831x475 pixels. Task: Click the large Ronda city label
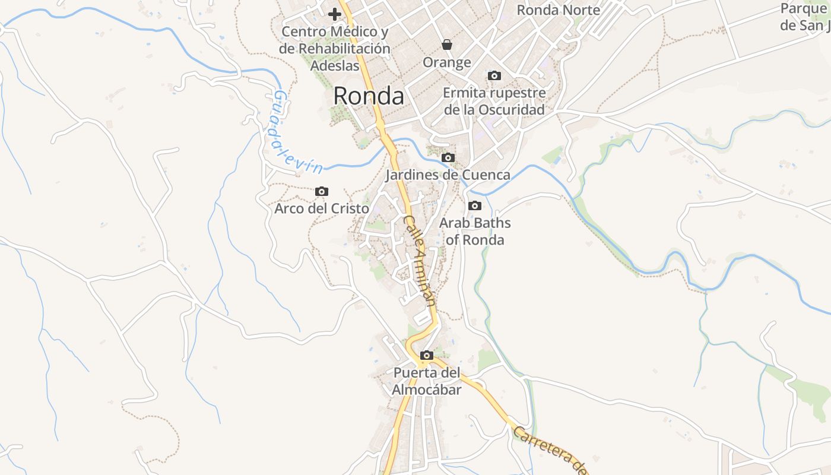(x=369, y=96)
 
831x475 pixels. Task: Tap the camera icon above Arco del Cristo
(x=322, y=191)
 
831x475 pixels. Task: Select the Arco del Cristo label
(x=322, y=209)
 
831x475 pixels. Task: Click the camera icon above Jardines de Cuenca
(x=448, y=157)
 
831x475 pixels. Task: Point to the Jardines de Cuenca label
(x=448, y=175)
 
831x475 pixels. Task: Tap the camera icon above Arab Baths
(x=475, y=205)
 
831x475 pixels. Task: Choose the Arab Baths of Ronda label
(x=475, y=232)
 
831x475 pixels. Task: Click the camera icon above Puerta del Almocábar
(x=426, y=355)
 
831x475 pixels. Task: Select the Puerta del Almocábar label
(x=427, y=381)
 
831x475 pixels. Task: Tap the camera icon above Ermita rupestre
(x=494, y=75)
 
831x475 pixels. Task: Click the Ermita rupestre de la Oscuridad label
(x=494, y=102)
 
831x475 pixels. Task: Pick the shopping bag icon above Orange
(x=447, y=45)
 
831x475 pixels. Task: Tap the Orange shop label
(x=447, y=62)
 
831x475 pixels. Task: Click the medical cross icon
(x=335, y=14)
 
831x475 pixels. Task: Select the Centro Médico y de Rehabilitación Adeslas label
(x=335, y=48)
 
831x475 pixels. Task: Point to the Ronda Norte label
(x=559, y=10)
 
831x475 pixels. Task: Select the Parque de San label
(x=805, y=17)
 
